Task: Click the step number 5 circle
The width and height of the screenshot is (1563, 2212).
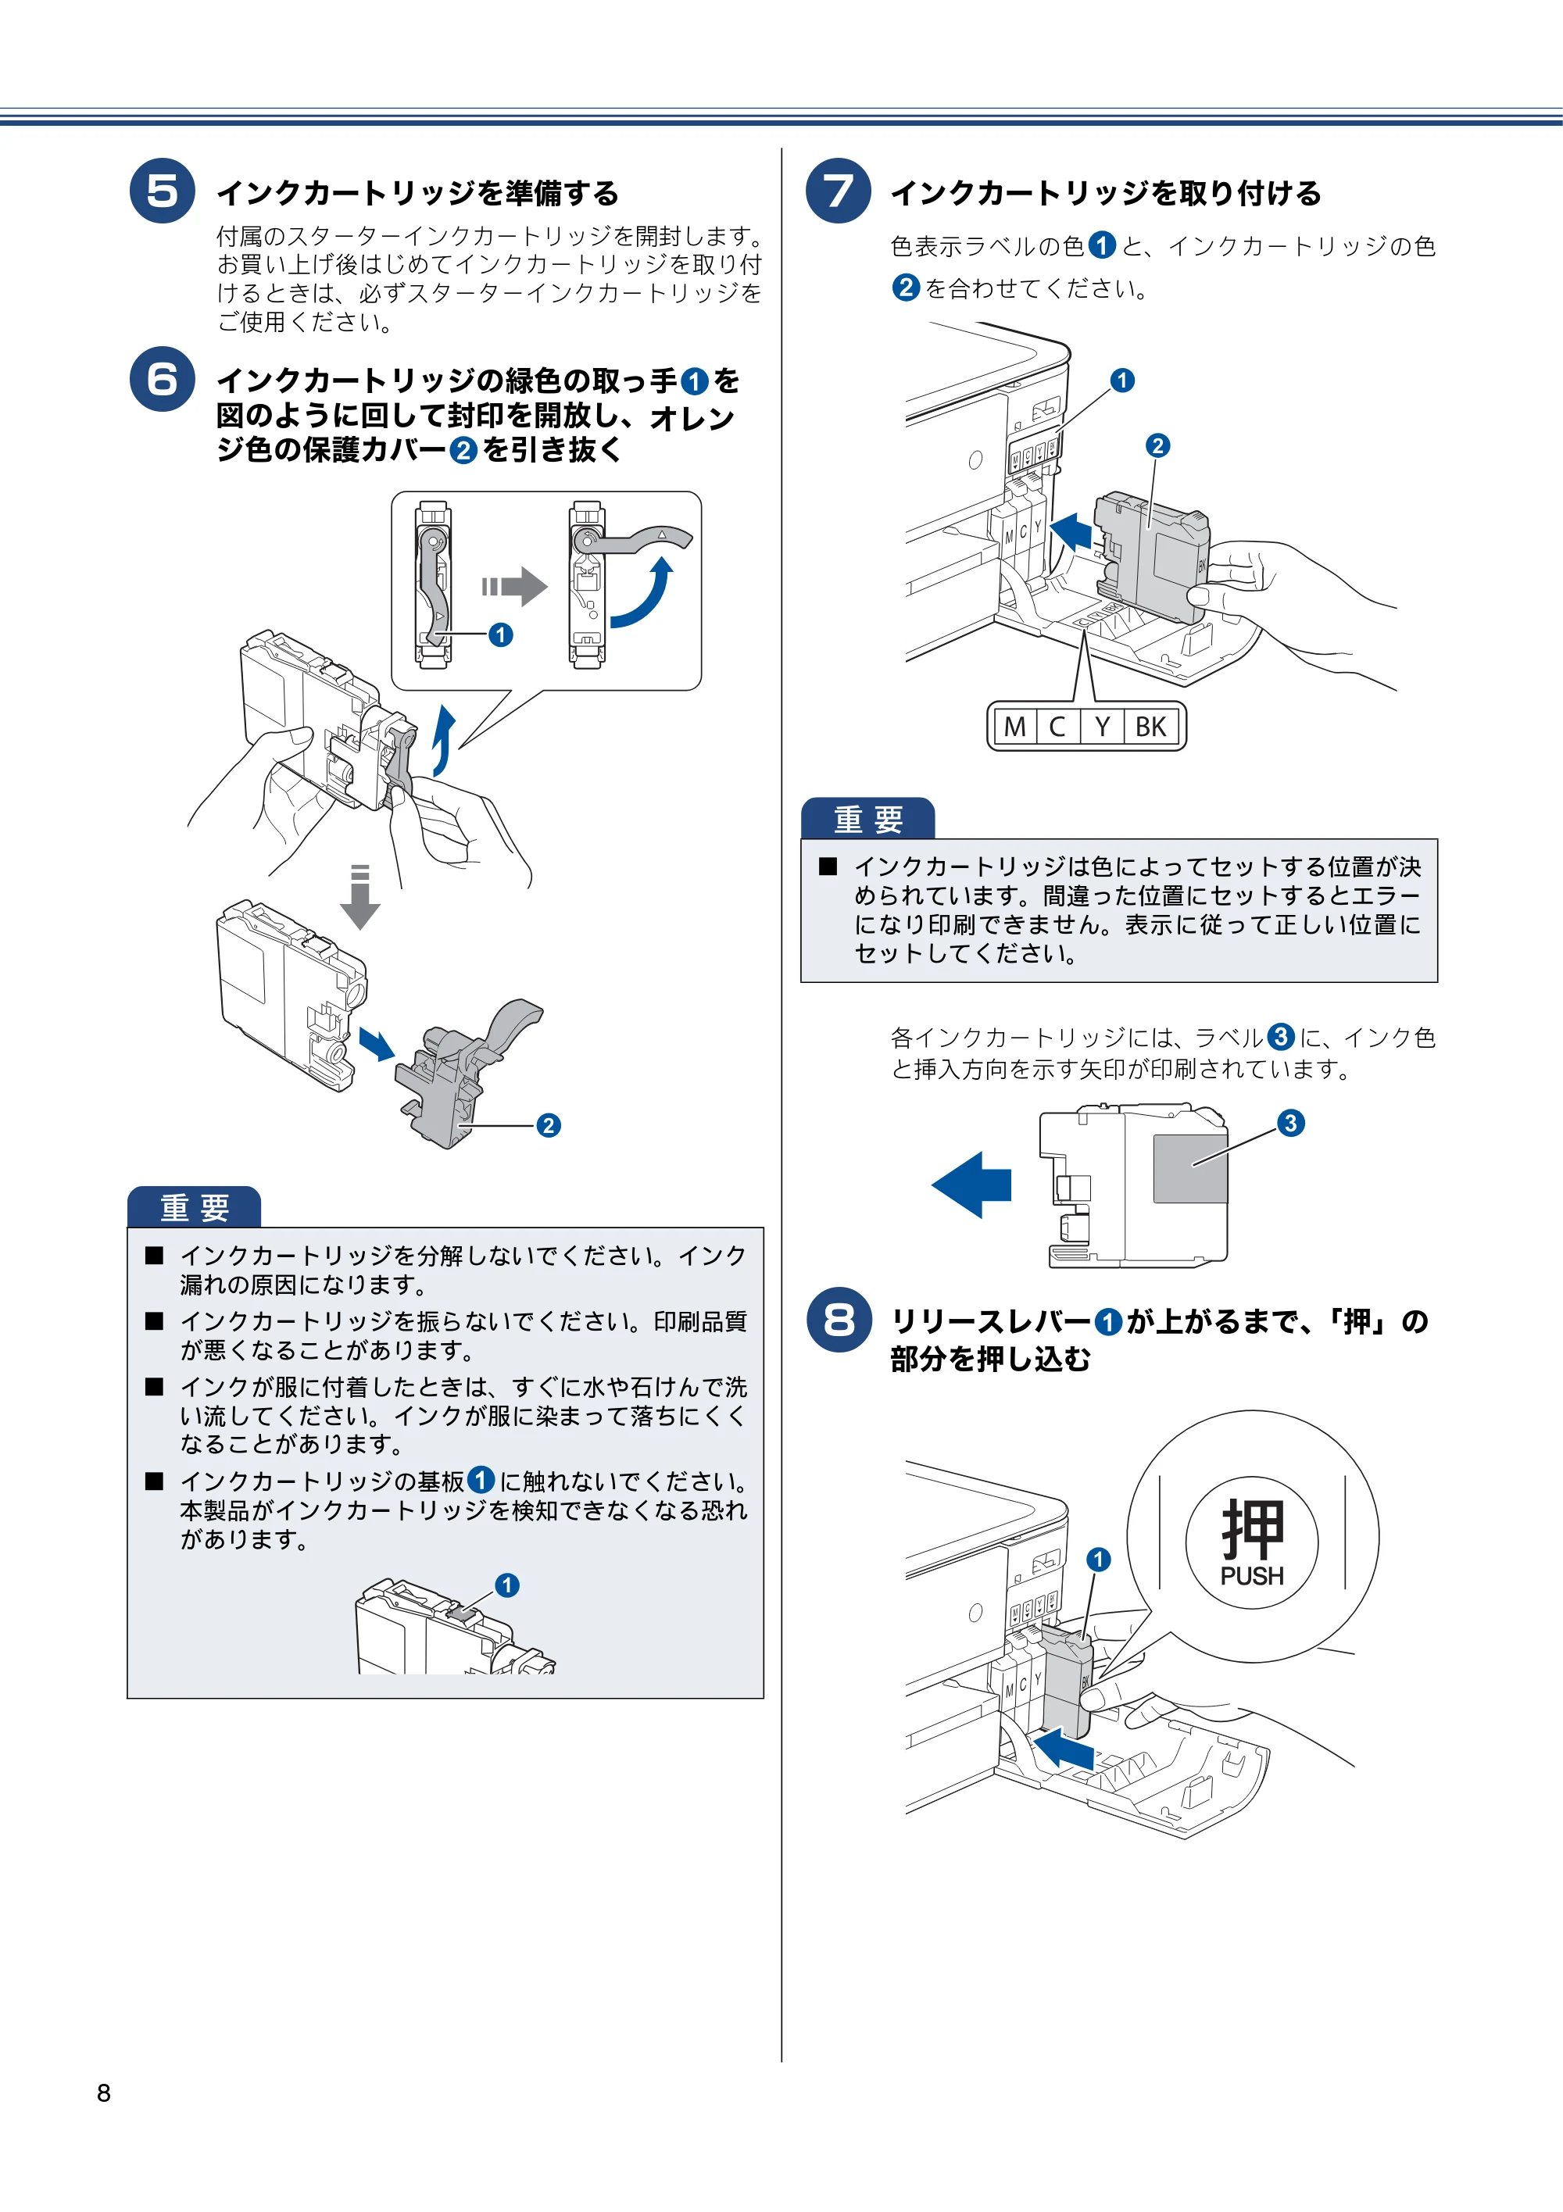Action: [162, 191]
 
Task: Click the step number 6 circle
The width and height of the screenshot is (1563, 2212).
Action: [162, 379]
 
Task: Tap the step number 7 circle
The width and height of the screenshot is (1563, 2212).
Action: [839, 191]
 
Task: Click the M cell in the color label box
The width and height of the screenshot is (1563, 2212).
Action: [1014, 727]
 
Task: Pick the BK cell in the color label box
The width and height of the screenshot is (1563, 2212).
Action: [1150, 727]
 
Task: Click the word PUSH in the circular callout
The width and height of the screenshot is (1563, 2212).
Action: [1252, 1576]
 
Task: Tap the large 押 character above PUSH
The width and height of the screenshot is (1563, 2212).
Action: [1252, 1529]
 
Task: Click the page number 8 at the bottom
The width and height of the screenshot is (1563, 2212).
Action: [104, 2092]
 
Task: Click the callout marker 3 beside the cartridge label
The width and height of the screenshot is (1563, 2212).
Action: [1290, 1122]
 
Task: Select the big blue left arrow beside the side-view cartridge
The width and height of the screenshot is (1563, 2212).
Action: [971, 1184]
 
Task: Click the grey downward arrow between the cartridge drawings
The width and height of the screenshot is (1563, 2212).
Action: [359, 897]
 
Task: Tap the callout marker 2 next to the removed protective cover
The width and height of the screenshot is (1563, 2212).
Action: [549, 1125]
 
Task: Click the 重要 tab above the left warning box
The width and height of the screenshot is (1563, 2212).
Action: [194, 1207]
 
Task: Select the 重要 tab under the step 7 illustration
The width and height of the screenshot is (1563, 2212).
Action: [868, 819]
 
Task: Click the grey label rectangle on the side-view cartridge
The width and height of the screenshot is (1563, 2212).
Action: [1190, 1167]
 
